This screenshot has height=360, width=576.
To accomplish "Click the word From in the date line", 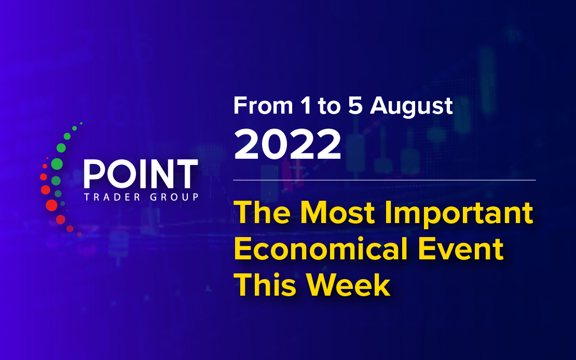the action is [x=263, y=106].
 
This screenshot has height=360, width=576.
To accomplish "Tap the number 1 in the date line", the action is [x=306, y=106].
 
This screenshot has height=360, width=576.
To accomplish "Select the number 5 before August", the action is [x=355, y=106].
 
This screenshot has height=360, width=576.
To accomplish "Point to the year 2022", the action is [x=287, y=144].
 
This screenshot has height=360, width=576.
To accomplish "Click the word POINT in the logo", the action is [x=141, y=174].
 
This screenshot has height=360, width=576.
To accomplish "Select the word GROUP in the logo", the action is [x=174, y=197].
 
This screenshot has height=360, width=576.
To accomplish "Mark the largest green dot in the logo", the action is [x=57, y=164].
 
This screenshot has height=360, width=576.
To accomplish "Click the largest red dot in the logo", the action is [x=51, y=205].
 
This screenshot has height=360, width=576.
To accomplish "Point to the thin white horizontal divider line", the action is [x=384, y=181].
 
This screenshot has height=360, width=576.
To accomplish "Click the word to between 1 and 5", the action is [x=329, y=106].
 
